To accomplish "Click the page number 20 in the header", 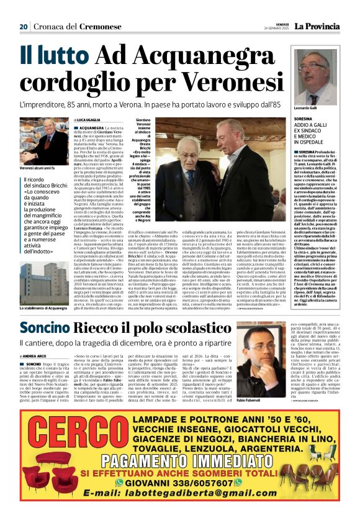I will pyautogui.click(x=24, y=27).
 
